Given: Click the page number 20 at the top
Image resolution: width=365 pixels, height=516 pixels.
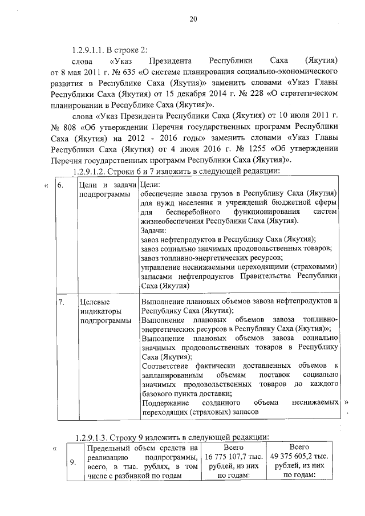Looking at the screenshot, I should pos(193,19).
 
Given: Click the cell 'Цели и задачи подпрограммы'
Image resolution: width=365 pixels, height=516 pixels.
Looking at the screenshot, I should pos(108,190).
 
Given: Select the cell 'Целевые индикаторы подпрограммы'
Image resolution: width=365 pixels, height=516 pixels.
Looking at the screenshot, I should pos(103,311).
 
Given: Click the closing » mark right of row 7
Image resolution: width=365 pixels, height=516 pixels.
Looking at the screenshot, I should pos(346,402).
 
